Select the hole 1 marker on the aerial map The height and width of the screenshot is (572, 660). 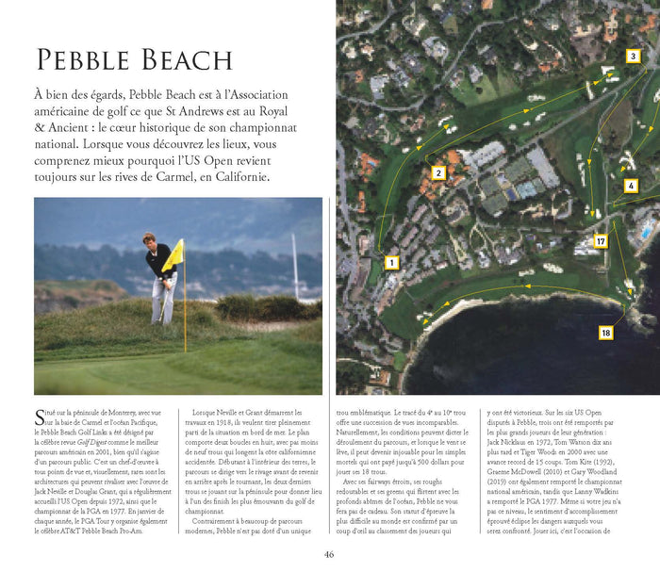(391, 263)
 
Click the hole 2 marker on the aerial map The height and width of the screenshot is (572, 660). (438, 172)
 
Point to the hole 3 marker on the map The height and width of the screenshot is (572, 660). (633, 57)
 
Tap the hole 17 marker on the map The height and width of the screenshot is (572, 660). (600, 242)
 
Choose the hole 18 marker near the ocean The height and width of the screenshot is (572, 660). (605, 333)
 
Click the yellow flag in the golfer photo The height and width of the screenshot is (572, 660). (173, 256)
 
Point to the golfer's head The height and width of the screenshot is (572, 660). (149, 238)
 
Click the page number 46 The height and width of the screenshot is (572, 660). (329, 554)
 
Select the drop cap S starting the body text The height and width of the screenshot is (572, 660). (39, 416)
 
